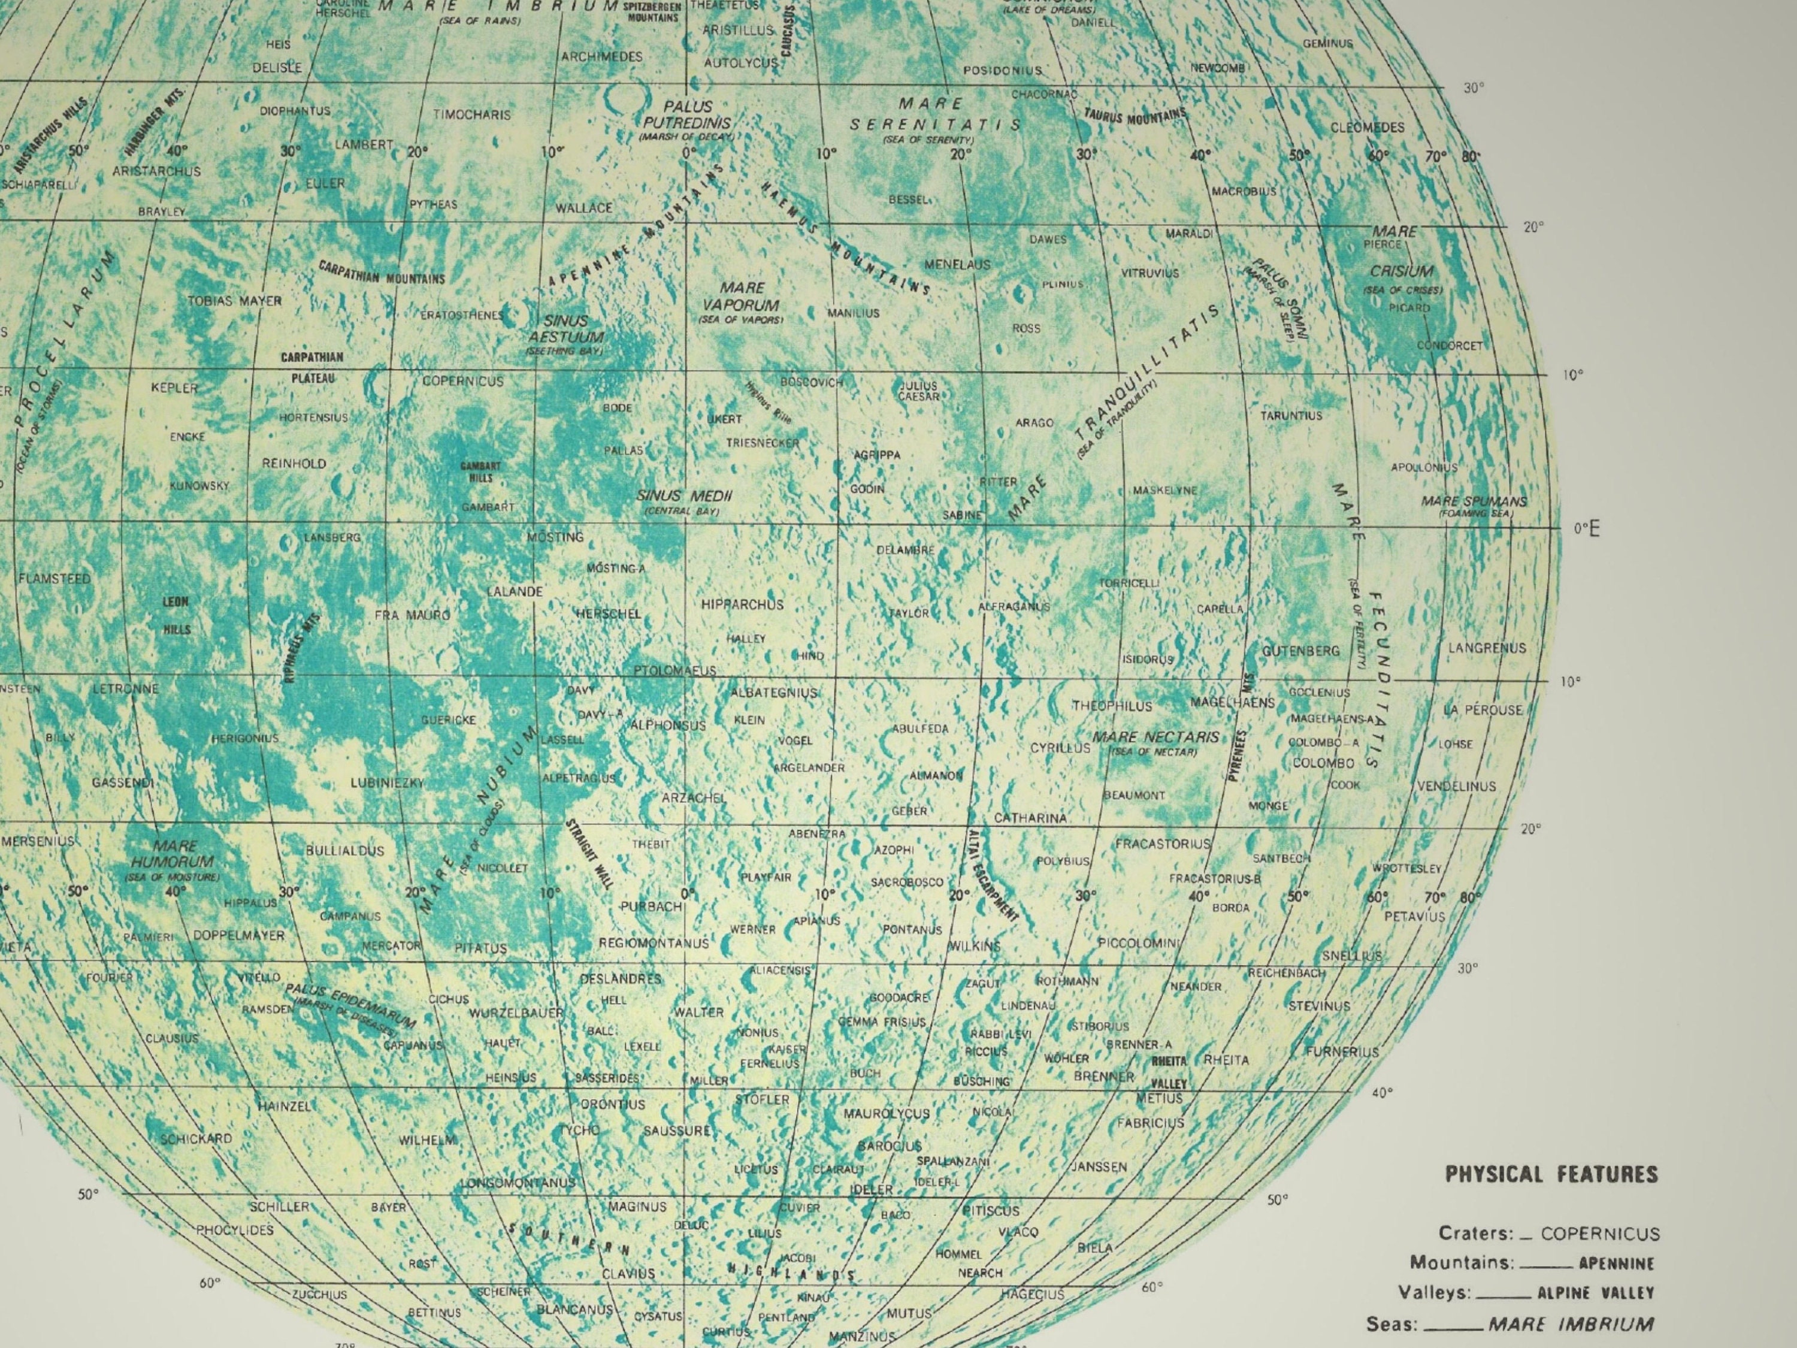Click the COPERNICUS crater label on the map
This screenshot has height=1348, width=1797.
point(462,381)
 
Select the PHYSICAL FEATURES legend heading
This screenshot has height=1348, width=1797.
point(1551,1174)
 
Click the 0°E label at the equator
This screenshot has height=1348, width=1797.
point(1586,529)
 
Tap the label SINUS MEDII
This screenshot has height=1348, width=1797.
point(684,495)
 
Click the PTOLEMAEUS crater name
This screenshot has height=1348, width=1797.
point(674,670)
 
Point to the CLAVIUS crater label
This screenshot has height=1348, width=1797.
point(628,1273)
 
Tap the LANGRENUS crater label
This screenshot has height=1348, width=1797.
point(1487,648)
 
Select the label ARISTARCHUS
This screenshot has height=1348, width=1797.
point(156,171)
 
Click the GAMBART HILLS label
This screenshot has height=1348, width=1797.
point(480,472)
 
